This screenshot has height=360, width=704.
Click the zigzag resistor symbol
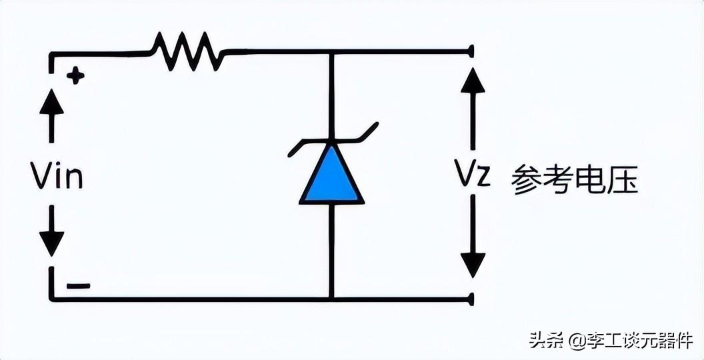click(188, 51)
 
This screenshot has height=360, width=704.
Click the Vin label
click(57, 175)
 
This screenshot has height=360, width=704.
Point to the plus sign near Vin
click(75, 75)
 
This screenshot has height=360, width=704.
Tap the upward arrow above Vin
click(51, 115)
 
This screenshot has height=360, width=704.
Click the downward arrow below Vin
click(51, 231)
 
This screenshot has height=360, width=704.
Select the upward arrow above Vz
click(473, 109)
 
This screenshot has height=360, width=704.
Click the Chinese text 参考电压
click(575, 178)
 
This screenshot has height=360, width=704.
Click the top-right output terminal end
click(471, 51)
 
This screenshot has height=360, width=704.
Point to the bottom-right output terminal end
click(471, 299)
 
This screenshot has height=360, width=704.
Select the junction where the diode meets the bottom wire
click(332, 299)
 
